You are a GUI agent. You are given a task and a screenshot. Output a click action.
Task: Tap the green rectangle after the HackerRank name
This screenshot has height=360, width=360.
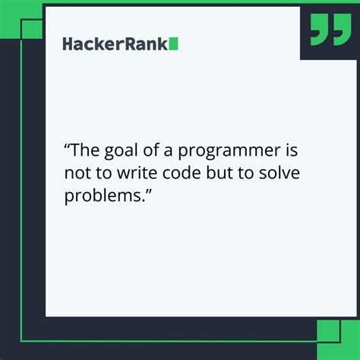174,43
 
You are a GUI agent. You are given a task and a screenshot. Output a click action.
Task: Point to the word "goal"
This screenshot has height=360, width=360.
127,150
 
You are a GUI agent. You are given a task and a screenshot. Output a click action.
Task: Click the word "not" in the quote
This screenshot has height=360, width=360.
77,172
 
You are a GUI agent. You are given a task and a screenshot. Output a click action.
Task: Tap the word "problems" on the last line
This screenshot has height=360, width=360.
103,196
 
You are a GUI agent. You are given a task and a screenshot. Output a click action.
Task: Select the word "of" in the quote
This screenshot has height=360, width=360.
158,150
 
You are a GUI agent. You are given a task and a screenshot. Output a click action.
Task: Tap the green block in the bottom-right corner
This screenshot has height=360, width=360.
328,331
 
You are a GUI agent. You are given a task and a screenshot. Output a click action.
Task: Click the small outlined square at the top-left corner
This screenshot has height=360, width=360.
32,29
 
